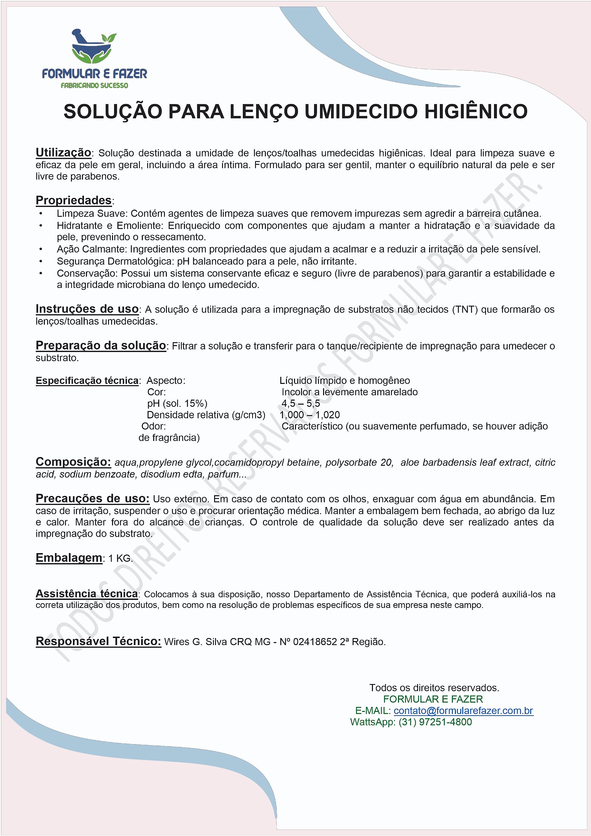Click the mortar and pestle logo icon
point(94,46)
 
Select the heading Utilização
point(63,152)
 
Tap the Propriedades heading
point(74,200)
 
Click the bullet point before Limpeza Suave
point(41,214)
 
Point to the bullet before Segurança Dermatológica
point(41,262)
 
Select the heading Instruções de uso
point(87,309)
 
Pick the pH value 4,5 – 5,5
point(300,403)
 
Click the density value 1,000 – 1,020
point(309,415)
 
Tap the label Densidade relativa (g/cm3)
point(206,415)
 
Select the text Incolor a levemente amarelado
point(349,392)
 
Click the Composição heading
point(73,462)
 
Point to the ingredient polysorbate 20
point(359,462)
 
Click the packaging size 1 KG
point(120,558)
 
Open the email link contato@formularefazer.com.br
point(463,711)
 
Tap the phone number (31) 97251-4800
point(435,722)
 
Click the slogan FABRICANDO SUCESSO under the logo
point(94,86)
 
